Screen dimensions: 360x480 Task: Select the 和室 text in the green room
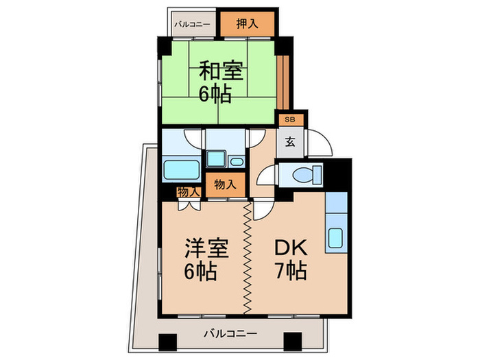click(x=221, y=71)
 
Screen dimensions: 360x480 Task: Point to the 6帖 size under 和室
click(x=215, y=93)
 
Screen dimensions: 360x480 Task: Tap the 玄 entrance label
click(x=291, y=143)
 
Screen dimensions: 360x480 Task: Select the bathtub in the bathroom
click(x=182, y=169)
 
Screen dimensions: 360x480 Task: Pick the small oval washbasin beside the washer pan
click(x=237, y=163)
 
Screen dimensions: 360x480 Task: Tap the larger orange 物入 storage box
click(x=226, y=184)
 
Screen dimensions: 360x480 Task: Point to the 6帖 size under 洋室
click(x=200, y=272)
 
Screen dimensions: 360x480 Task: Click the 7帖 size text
click(x=289, y=272)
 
